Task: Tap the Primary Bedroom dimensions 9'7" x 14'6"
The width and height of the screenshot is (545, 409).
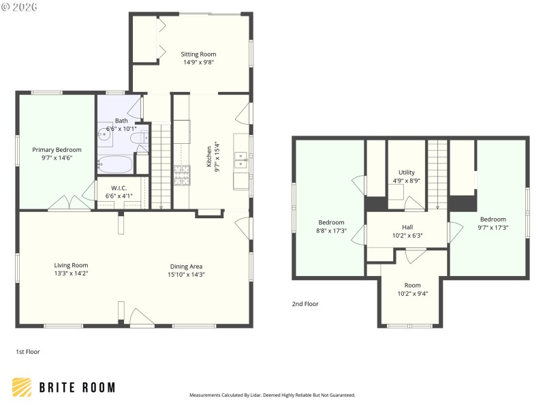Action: pos(57,158)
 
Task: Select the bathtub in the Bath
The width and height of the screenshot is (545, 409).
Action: pos(116,164)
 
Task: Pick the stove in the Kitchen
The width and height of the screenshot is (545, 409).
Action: pos(183,175)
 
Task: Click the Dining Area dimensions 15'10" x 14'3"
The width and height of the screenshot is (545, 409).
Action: pos(187,274)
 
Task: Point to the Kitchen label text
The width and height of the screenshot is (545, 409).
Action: pos(210,157)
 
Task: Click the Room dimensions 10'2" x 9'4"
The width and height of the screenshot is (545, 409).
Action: pos(413,294)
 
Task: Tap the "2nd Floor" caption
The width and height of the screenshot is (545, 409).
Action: pos(305,304)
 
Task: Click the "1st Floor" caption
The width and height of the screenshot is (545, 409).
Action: pos(29,352)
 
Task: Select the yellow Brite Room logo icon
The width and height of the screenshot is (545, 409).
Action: pos(22,387)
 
